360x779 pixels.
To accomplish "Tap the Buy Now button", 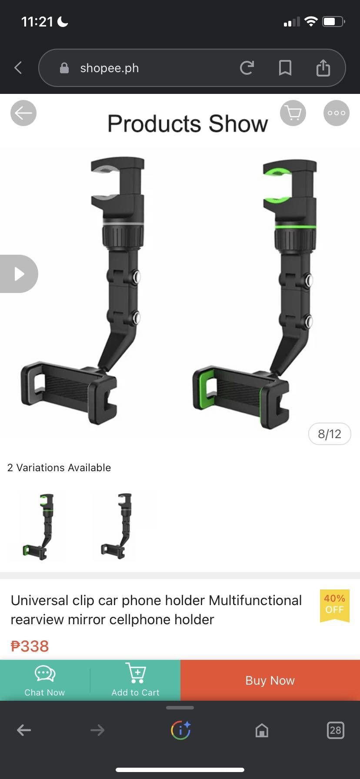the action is tap(270, 680).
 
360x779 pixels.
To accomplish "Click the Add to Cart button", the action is tap(135, 680).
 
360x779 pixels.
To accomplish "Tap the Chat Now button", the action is tap(45, 680).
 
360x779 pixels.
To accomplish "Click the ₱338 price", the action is tap(30, 646).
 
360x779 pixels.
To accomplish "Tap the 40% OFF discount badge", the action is tap(334, 605).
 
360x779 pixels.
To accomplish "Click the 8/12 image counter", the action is tap(330, 434).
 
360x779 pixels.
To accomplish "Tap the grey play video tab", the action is tap(18, 274).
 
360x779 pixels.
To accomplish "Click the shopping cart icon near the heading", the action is tap(293, 113).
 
